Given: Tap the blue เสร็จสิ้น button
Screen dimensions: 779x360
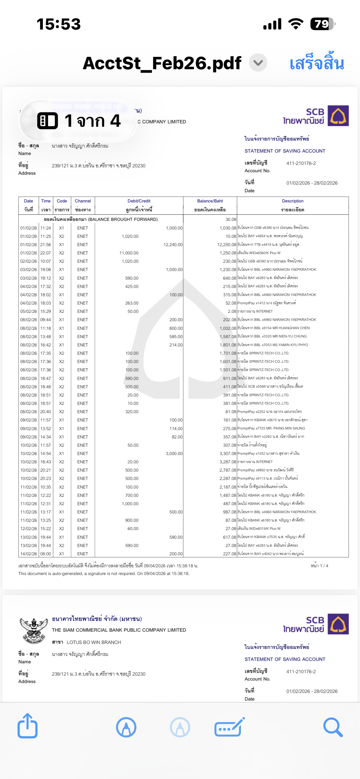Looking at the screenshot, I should (317, 63).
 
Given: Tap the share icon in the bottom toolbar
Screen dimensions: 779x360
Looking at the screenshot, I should (27, 726).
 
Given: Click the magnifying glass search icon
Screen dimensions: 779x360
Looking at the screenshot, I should (333, 727).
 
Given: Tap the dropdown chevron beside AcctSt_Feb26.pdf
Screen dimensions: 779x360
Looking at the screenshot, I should (258, 63).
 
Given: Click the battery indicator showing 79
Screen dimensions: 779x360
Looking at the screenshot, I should (322, 24).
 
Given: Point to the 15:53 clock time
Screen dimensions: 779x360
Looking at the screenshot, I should (58, 24).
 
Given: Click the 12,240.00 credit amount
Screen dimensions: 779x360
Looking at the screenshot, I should (173, 245).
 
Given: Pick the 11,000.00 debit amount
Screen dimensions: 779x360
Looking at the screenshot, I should (129, 253).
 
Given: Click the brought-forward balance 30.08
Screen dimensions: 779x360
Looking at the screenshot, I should (231, 219).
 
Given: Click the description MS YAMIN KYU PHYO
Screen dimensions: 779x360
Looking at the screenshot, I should (290, 345).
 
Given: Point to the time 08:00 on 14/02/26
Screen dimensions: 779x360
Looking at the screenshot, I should (46, 554).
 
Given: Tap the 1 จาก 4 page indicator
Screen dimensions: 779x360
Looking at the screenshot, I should (78, 120).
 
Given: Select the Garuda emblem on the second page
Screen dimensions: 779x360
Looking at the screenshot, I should (34, 631).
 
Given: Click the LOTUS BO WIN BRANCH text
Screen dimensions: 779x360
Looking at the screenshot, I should (94, 642).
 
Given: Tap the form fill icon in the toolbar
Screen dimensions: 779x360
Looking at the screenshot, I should (229, 727).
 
